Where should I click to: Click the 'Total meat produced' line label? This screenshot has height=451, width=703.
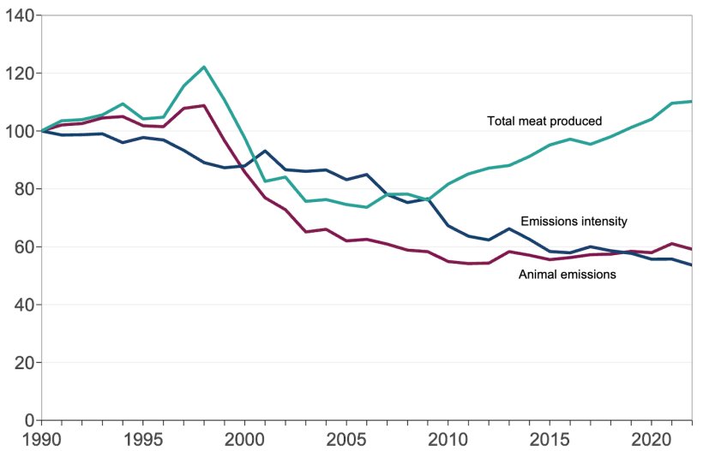[x=544, y=122]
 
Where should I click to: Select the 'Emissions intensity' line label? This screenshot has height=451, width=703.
[x=574, y=222]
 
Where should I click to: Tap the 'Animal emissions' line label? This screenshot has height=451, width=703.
[x=568, y=275]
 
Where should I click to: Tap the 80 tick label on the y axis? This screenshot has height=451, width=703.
[x=21, y=189]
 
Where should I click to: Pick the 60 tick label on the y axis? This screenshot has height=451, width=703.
[x=21, y=247]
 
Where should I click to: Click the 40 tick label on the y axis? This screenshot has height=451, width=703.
[x=21, y=305]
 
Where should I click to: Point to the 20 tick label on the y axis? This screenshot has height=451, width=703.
[x=21, y=363]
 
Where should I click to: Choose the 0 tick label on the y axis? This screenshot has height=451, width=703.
[x=27, y=420]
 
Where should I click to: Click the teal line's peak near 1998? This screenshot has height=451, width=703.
[x=204, y=67]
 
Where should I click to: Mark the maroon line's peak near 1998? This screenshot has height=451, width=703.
[x=204, y=105]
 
